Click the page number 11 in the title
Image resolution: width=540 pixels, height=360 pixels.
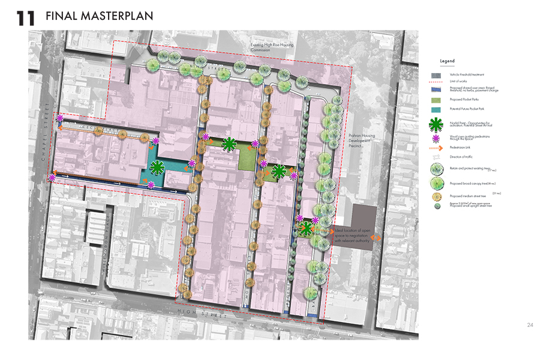(x=26, y=17)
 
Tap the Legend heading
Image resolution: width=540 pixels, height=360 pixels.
(x=448, y=61)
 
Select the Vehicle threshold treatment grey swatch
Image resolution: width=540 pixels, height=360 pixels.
(x=436, y=74)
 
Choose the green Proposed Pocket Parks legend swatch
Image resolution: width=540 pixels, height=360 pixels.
(x=436, y=100)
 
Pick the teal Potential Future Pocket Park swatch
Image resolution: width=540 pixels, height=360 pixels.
(x=436, y=109)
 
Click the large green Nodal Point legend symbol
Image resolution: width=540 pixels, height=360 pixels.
(x=436, y=125)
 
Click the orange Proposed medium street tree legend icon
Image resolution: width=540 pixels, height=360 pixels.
(x=436, y=196)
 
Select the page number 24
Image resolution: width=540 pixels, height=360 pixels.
(x=530, y=325)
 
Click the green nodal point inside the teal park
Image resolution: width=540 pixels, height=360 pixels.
(x=157, y=168)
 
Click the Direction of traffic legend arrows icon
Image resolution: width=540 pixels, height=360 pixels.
(x=436, y=156)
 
